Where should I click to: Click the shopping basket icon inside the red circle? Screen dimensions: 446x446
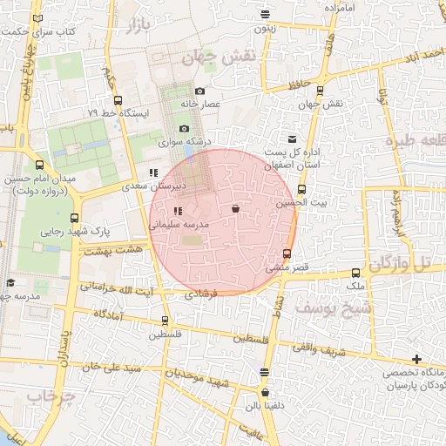tap(235, 209)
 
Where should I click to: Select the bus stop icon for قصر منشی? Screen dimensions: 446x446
tap(287, 253)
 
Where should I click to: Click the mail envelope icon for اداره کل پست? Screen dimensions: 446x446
tap(291, 139)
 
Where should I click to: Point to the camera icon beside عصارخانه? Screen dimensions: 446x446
tap(199, 91)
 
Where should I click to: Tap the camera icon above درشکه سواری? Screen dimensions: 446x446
tap(184, 128)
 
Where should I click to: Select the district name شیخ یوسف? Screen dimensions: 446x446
tap(333, 308)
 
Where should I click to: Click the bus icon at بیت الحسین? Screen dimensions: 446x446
tap(302, 189)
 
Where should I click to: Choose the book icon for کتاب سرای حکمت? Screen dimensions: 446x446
tap(36, 18)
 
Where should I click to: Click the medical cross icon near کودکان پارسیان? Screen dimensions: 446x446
tap(417, 359)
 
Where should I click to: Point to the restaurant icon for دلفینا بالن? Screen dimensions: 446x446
tap(265, 373)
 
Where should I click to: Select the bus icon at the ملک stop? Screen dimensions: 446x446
tap(355, 273)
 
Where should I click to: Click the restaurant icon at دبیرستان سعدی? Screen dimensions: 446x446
tap(153, 172)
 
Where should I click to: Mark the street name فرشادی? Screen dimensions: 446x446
tap(202, 295)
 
